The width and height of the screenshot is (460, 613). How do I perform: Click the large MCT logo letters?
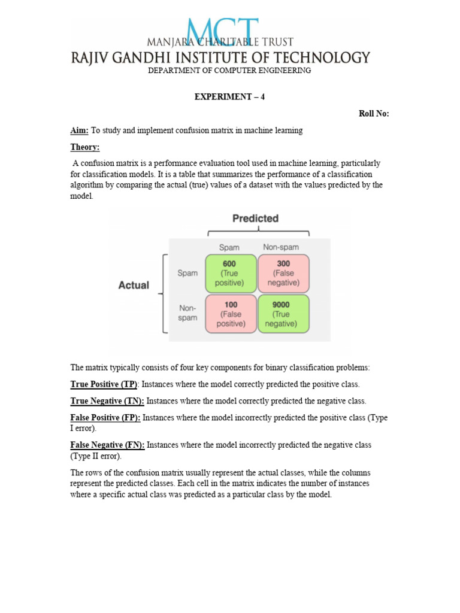(x=222, y=31)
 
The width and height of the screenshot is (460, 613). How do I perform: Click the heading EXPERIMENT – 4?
(x=229, y=97)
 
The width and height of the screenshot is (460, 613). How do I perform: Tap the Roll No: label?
(x=374, y=114)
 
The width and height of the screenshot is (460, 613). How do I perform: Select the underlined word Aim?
(x=80, y=131)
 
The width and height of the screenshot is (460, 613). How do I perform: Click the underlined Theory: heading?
(x=85, y=147)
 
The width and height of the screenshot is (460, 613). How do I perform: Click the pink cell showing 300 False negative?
(x=283, y=273)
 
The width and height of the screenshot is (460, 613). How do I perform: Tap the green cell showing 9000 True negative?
(x=283, y=314)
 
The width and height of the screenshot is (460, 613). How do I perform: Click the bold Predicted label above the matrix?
(x=255, y=219)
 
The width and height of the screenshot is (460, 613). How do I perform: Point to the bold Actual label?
(x=134, y=285)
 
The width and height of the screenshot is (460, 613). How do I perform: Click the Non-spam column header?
(x=281, y=247)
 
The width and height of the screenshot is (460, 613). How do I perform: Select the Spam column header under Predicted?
(x=229, y=247)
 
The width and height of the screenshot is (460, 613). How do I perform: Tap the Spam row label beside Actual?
(x=187, y=273)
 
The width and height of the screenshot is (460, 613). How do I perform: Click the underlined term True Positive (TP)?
(x=104, y=384)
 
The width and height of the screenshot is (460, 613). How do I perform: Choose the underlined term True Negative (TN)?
(x=107, y=400)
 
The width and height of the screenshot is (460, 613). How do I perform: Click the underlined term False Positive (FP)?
(x=105, y=417)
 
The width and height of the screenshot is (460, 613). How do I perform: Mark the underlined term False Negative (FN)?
(x=107, y=445)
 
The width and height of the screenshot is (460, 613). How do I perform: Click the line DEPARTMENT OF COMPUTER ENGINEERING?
(x=229, y=71)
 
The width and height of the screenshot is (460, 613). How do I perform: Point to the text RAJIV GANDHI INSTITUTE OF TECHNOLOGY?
(x=221, y=57)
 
